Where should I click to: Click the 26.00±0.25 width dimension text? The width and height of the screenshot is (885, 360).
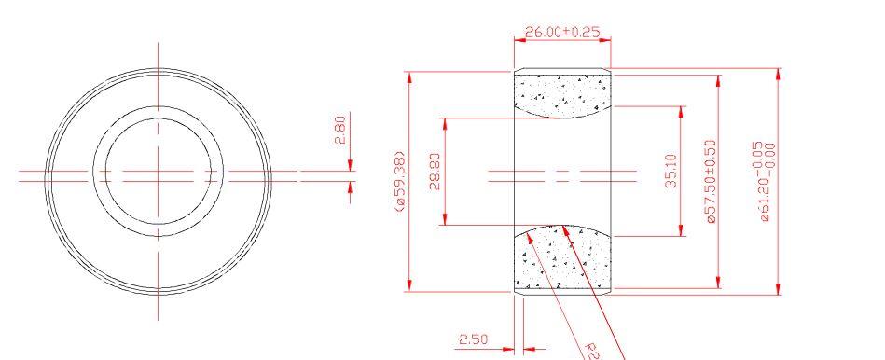pos(562,33)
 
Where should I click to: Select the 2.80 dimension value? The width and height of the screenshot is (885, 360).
pos(340,130)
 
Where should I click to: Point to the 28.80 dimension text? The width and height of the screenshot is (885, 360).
pos(434,172)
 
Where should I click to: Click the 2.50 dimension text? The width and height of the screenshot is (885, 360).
pos(474,339)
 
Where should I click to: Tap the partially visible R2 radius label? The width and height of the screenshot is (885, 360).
pos(591,350)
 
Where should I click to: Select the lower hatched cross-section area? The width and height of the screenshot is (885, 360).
pos(562,259)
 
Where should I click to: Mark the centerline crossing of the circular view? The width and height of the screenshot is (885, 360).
pos(158,173)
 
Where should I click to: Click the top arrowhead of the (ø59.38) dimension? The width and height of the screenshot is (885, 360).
pos(409,76)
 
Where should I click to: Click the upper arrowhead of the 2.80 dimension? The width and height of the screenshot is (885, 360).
pos(350,166)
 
